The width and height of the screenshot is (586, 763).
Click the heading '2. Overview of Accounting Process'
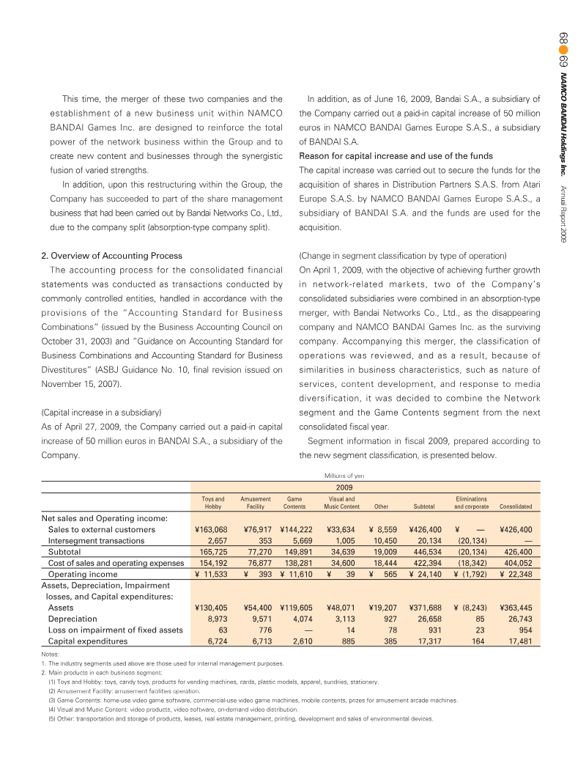coord(109,256)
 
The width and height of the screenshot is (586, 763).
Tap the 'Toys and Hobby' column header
coord(212,502)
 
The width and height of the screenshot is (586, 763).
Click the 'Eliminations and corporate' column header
coord(471,502)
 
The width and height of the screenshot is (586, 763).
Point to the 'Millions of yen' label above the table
coord(344,475)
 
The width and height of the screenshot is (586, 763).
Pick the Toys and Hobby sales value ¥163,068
coord(210,528)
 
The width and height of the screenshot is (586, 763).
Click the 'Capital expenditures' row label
coord(87,641)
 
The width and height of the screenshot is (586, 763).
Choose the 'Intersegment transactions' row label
coord(96,540)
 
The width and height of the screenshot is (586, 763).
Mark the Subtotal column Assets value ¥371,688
coord(425,608)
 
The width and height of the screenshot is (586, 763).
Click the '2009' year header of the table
coord(344,487)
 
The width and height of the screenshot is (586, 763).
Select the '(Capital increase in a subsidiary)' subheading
coord(100,413)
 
